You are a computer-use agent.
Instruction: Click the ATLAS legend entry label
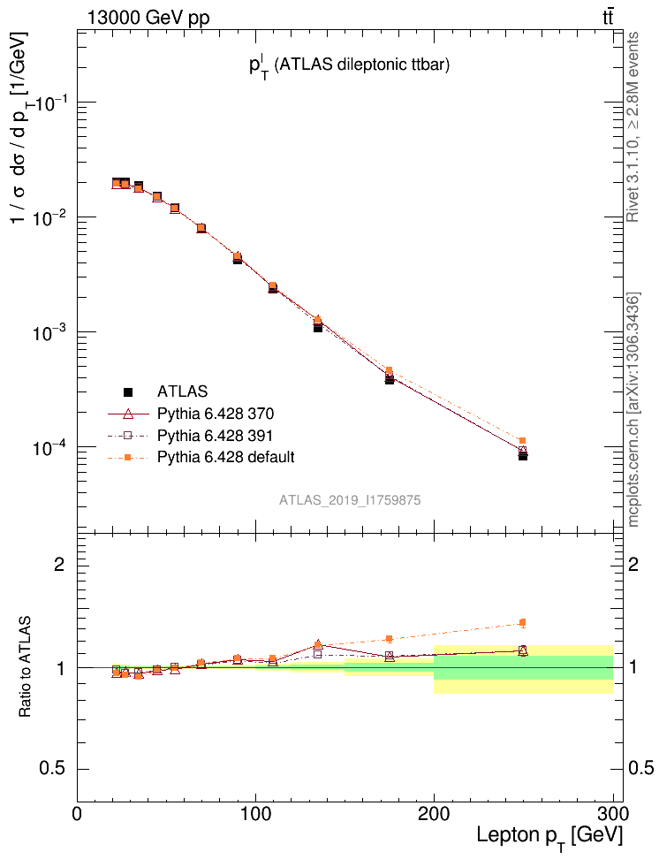coord(183,391)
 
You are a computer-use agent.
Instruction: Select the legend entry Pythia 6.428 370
coord(216,413)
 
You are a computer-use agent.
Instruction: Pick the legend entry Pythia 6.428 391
coord(216,435)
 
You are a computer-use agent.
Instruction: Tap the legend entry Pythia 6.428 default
coord(225,457)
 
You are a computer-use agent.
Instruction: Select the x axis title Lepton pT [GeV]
coord(549,836)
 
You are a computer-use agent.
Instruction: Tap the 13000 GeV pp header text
coord(148,19)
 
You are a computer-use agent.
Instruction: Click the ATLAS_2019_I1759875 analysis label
coord(350,500)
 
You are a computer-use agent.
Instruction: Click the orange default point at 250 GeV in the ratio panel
coord(523,623)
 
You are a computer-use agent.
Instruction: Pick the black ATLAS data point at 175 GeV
coord(390,379)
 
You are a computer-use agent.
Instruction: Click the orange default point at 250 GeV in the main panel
coord(523,440)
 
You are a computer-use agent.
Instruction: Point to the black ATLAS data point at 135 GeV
coord(318,327)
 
